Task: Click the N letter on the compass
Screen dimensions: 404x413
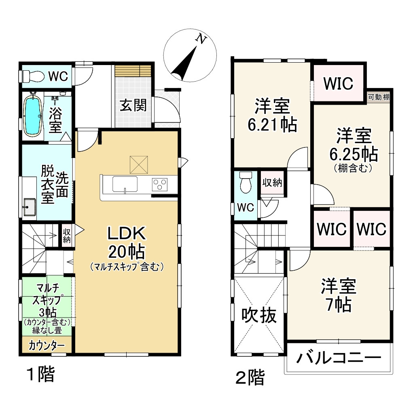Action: (201, 39)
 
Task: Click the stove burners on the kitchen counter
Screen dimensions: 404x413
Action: (160, 184)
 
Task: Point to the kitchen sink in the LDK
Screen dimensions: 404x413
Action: (125, 185)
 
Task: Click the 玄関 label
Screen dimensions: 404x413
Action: (133, 106)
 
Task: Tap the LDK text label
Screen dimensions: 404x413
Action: (126, 234)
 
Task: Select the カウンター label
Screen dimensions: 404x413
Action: (47, 346)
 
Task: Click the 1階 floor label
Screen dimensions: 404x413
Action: (40, 375)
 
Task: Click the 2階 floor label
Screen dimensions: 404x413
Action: (250, 378)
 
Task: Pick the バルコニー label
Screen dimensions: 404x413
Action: (339, 358)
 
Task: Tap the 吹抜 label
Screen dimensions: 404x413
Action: (259, 315)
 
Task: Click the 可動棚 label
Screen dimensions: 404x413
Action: (379, 97)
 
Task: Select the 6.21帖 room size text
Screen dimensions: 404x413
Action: (272, 125)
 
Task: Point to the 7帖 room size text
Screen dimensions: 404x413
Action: (339, 305)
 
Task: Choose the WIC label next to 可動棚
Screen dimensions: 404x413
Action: (338, 84)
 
